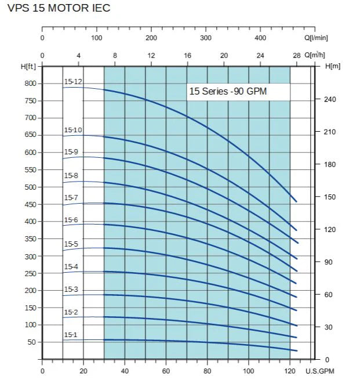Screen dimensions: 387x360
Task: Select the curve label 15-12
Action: (x=73, y=82)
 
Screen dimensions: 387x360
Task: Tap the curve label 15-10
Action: (x=73, y=130)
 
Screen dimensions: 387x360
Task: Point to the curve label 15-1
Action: (x=70, y=335)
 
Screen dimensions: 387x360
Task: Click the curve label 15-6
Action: (x=71, y=220)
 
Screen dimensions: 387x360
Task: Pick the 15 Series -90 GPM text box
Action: (x=238, y=92)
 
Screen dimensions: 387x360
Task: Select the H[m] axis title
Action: (x=333, y=66)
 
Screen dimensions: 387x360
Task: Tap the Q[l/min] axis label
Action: (x=316, y=38)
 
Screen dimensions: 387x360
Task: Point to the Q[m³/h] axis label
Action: (x=316, y=55)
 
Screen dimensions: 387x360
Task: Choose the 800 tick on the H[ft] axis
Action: (x=30, y=84)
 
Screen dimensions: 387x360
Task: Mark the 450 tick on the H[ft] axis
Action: (x=30, y=204)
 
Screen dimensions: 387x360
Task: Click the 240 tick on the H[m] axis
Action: (x=329, y=99)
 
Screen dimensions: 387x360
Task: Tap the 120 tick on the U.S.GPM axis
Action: (x=290, y=371)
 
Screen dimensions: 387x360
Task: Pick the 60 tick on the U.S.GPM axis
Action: (x=166, y=371)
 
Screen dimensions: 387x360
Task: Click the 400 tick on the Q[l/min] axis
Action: (x=260, y=38)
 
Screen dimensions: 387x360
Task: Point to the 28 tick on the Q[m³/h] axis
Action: (x=297, y=55)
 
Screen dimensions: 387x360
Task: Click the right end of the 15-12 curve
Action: (x=297, y=202)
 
